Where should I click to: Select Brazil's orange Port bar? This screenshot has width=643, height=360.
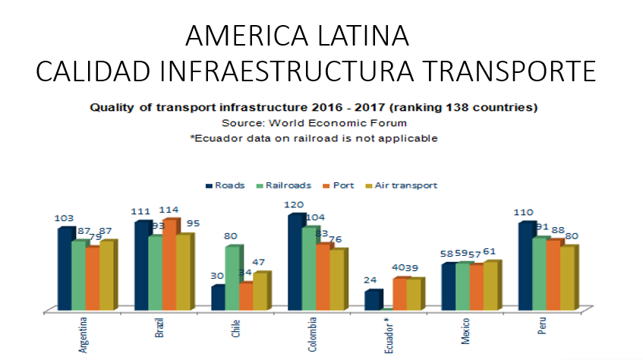[x=170, y=264]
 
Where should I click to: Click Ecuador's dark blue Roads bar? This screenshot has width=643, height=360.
[x=372, y=300]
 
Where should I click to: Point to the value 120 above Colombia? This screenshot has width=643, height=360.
[x=295, y=205]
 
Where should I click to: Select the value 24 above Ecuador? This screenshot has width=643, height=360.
[x=370, y=280]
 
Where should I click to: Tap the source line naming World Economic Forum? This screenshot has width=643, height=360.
[x=314, y=122]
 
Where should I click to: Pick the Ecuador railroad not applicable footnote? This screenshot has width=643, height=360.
[x=314, y=137]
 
